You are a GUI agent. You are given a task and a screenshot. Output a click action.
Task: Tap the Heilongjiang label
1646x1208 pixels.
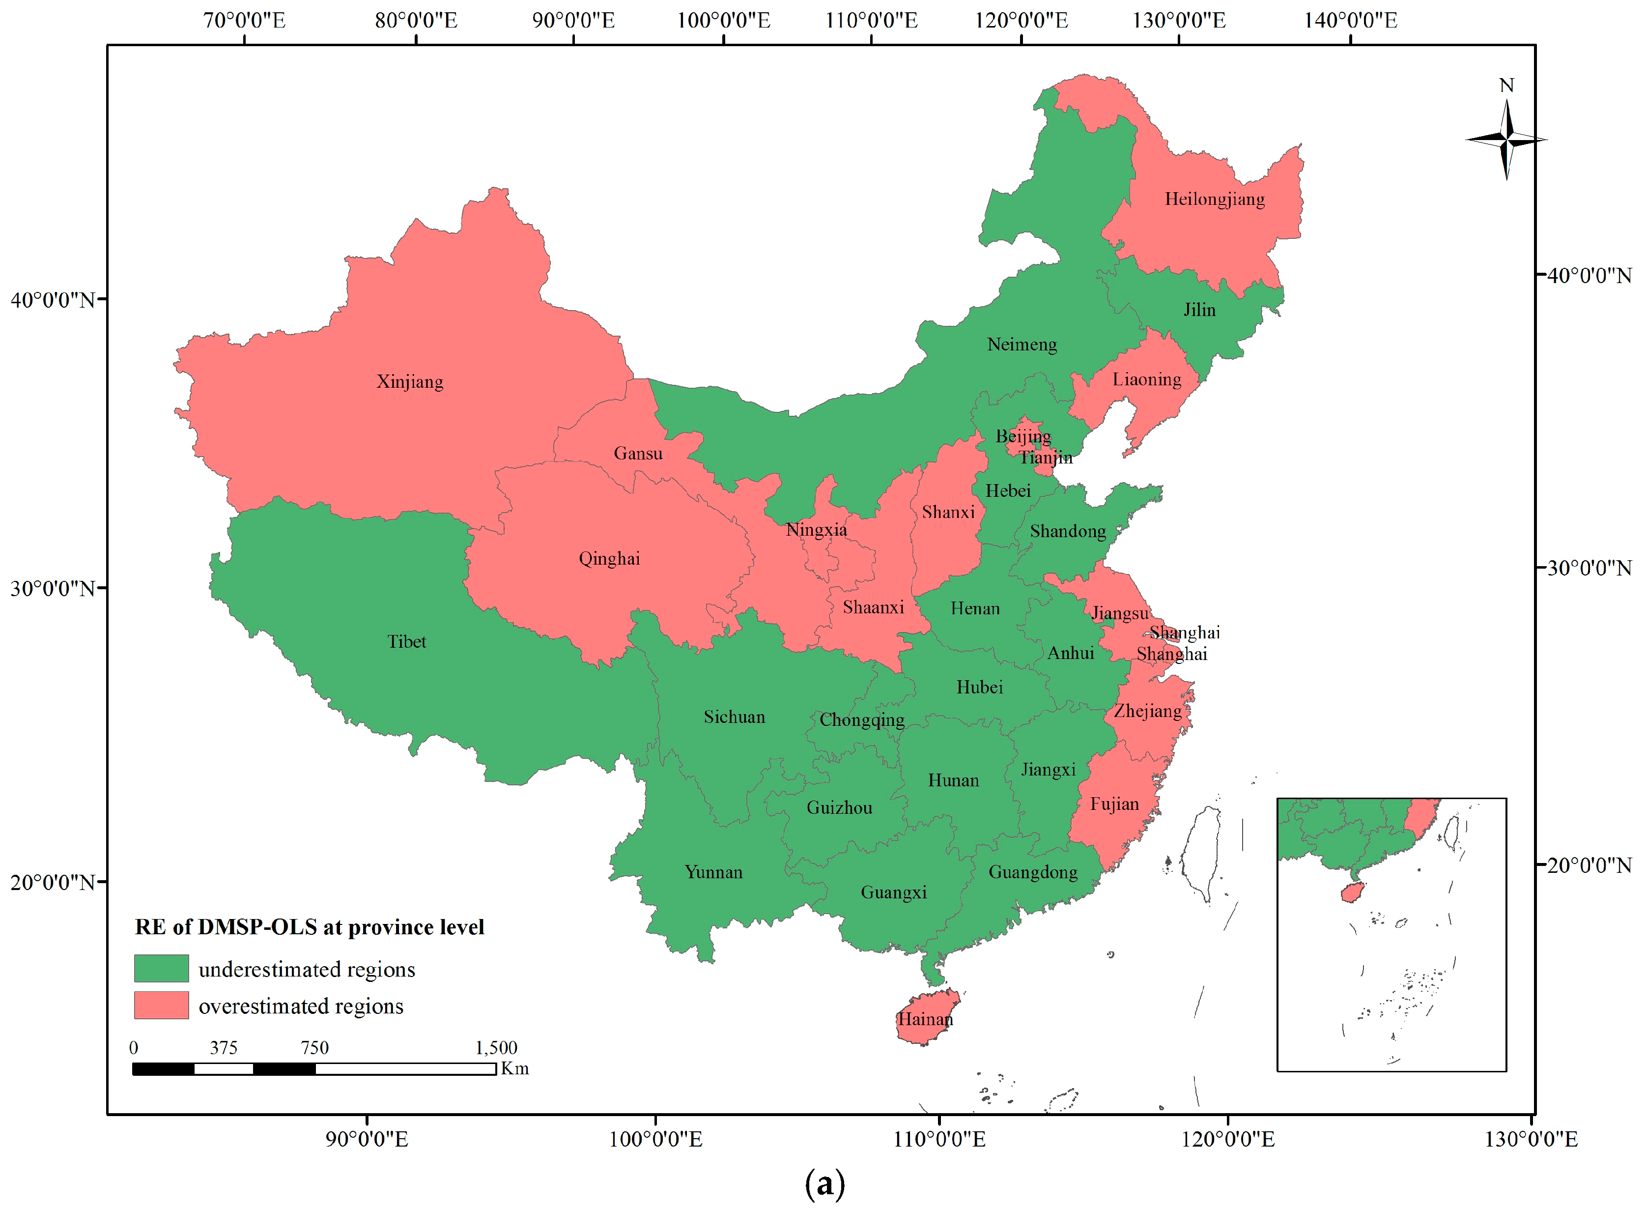coord(1214,199)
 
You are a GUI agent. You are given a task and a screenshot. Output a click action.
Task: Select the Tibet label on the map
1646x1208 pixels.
coord(406,641)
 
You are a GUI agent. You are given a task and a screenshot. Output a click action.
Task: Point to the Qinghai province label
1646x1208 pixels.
coord(609,559)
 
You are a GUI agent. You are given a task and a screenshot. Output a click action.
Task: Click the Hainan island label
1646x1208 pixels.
coord(925,1019)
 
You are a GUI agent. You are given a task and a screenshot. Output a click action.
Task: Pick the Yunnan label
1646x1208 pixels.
coord(713,872)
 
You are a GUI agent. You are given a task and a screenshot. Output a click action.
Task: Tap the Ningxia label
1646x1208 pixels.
coord(817,529)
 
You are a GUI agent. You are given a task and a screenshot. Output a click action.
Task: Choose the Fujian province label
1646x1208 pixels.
coord(1114,804)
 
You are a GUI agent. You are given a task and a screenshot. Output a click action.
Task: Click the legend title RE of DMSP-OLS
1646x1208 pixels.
coord(309,927)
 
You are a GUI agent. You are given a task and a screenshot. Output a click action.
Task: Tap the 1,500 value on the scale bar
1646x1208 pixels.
coord(496,1047)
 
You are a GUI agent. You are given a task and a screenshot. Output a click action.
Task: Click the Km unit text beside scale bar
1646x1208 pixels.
coord(514,1068)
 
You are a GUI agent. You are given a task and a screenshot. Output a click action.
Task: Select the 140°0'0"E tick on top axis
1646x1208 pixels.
coord(1350,20)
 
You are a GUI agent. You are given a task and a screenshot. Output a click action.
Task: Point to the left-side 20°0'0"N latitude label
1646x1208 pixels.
coord(53,882)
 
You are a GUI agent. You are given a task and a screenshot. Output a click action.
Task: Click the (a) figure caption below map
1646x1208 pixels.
coord(823,1182)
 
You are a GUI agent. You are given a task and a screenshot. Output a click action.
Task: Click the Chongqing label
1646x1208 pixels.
coord(862,719)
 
